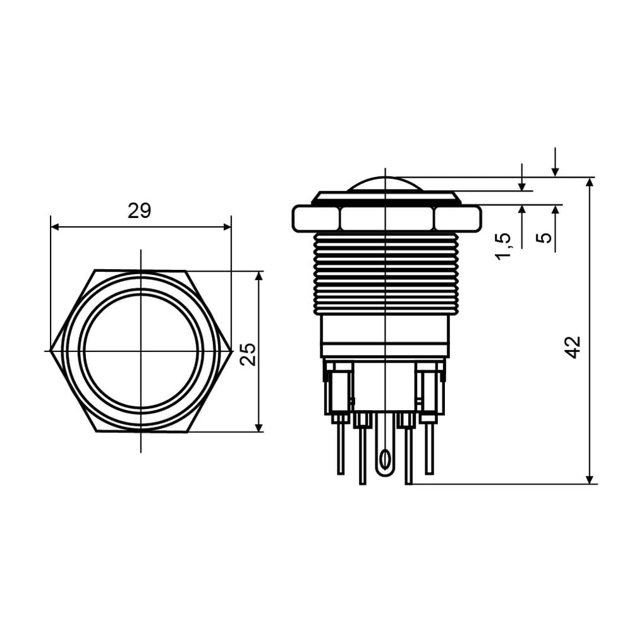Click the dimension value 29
pyautogui.click(x=140, y=211)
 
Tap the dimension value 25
pyautogui.click(x=248, y=355)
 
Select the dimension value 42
pyautogui.click(x=573, y=347)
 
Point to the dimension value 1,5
pyautogui.click(x=503, y=246)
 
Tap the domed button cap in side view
pyautogui.click(x=386, y=184)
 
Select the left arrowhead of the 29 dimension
pyautogui.click(x=55, y=228)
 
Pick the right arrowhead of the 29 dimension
pyautogui.click(x=227, y=228)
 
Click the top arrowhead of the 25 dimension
pyautogui.click(x=259, y=276)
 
